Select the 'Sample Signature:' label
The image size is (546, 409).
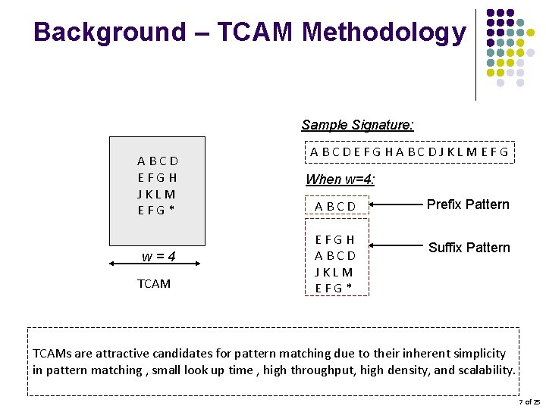[x=357, y=125]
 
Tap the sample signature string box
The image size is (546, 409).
[x=409, y=151]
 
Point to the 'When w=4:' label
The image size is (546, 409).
[x=340, y=180]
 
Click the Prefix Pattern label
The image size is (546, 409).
[x=468, y=204]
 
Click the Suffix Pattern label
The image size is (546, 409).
[x=469, y=248]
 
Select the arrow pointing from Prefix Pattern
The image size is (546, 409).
[x=394, y=204]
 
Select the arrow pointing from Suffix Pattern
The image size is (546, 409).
[x=394, y=245]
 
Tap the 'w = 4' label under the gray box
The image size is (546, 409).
[x=159, y=256]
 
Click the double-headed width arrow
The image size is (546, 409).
[x=158, y=264]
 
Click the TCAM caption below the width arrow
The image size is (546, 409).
[x=154, y=284]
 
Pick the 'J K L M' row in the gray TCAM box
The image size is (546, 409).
[x=157, y=194]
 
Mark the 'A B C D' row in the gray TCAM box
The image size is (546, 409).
[x=158, y=161]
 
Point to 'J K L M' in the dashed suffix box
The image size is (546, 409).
[x=335, y=271]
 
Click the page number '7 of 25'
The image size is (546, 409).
[x=529, y=401]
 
